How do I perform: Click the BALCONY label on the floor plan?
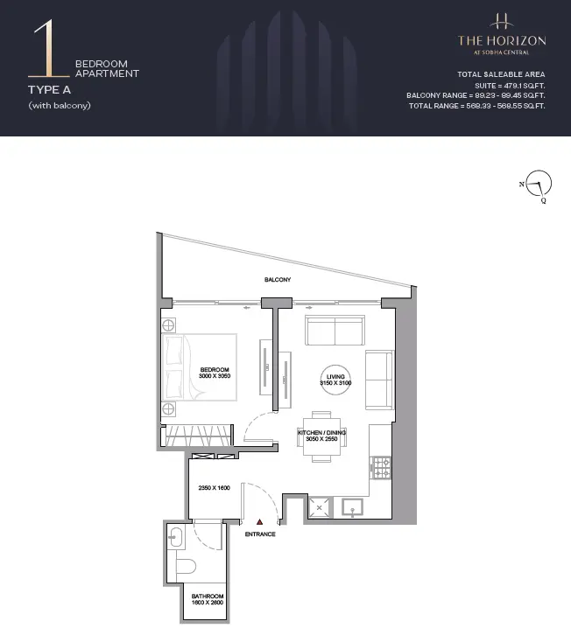coord(278,280)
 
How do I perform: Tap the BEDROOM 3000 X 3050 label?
coord(215,373)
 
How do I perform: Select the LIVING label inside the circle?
coord(335,377)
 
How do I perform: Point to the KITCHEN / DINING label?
coord(321,432)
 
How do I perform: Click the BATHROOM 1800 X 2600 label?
coord(208,599)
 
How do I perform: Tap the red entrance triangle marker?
coord(259,521)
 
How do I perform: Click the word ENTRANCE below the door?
coord(260,534)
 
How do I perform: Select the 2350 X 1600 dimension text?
coord(214,488)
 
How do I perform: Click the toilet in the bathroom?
coord(187,566)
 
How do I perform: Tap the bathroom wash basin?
coord(176,536)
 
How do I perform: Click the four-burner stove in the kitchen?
coord(381,468)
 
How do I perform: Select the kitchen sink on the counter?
coord(352,507)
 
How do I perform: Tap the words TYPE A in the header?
coord(49,90)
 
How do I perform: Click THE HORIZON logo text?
coord(502,40)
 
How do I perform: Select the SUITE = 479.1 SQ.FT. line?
coord(510,86)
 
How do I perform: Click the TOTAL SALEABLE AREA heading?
coord(501,74)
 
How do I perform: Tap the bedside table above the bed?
coord(168,325)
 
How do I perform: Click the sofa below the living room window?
coord(335,330)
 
